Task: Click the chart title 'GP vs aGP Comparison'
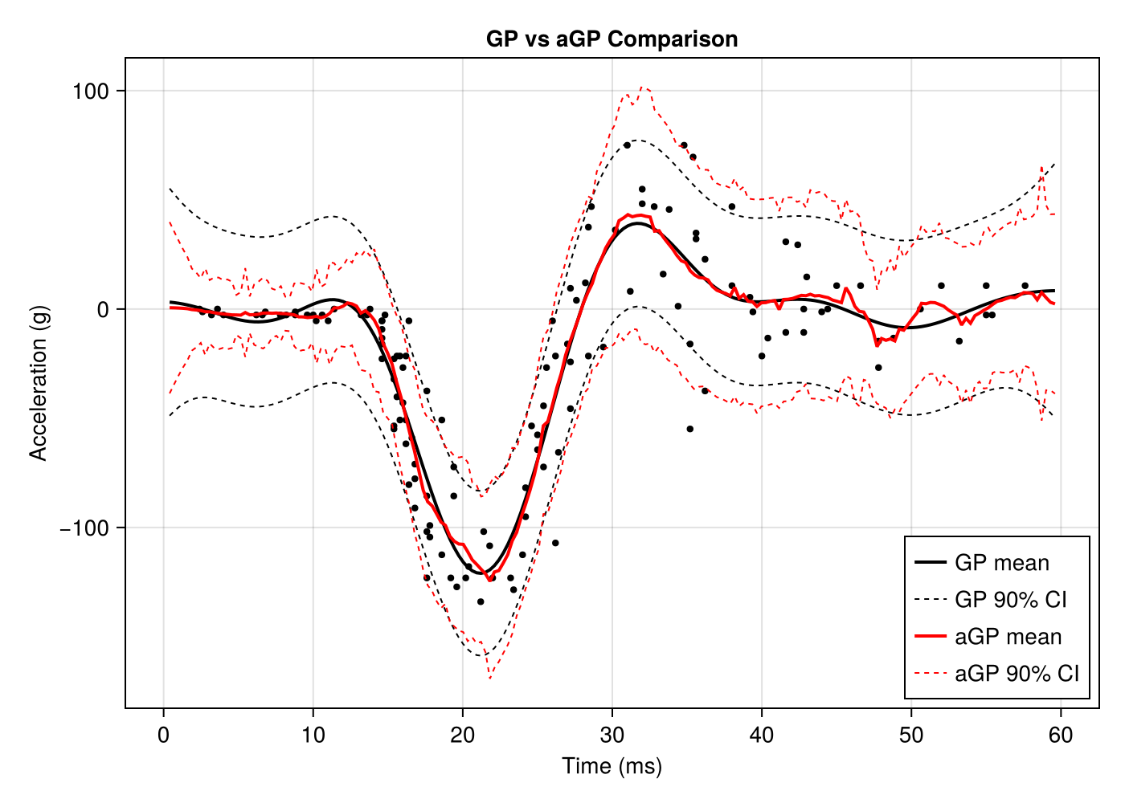tap(612, 39)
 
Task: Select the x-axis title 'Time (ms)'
tap(612, 766)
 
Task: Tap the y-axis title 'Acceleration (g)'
tap(39, 383)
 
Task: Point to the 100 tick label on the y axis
tap(90, 91)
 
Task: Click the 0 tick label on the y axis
tap(102, 309)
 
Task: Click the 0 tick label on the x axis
tap(164, 735)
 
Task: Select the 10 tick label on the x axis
tap(313, 735)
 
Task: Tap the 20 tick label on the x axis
tap(462, 735)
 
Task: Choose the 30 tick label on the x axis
tap(612, 735)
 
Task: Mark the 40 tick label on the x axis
tap(761, 735)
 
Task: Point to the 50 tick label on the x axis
tap(910, 735)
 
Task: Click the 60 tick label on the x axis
tap(1060, 735)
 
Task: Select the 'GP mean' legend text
tap(1002, 563)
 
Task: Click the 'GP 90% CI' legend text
tap(1011, 600)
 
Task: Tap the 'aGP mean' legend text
tap(1008, 637)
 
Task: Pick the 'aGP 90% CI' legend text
tap(1017, 674)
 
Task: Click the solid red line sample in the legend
tap(930, 637)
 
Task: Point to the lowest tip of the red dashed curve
tap(489, 679)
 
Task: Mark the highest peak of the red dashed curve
tap(641, 87)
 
